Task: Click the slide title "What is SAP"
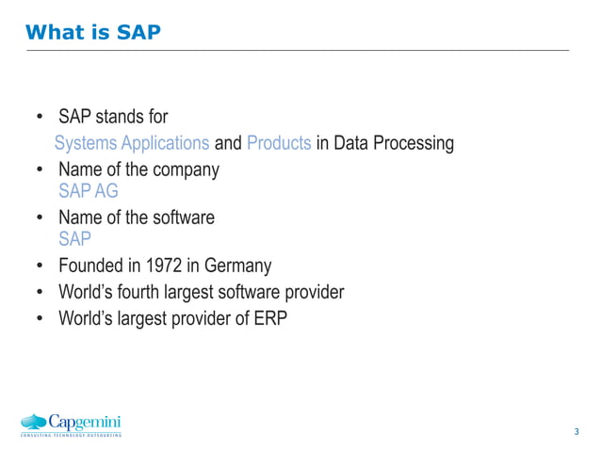tap(93, 33)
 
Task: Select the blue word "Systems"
tap(85, 143)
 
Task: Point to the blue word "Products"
tap(279, 143)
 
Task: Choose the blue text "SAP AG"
tap(89, 191)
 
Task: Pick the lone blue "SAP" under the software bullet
tap(75, 239)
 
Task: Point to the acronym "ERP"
tap(268, 318)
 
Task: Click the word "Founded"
tap(89, 265)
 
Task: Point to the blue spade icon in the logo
tap(34, 422)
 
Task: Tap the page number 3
tap(576, 432)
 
